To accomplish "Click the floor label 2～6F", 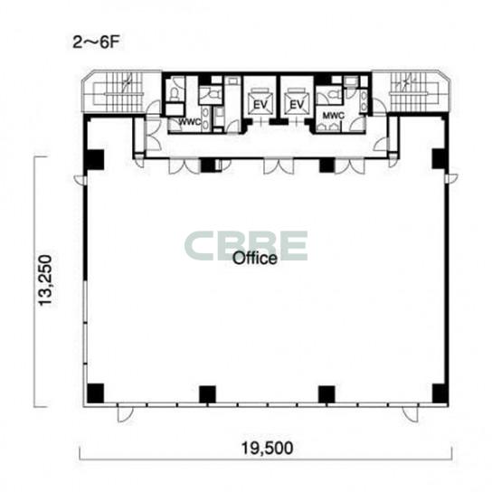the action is click(96, 43).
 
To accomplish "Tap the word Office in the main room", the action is click(255, 259).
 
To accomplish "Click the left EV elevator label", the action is click(260, 105).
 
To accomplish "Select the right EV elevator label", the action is click(297, 105).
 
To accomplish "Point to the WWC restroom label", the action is click(190, 122).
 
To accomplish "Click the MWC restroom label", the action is click(333, 116).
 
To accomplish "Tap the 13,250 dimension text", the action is click(44, 280).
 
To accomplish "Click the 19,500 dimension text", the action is click(267, 448).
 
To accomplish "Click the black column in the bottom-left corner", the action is click(95, 393).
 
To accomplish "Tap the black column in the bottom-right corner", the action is click(440, 393).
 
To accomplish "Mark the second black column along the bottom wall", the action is click(207, 394).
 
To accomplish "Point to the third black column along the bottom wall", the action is click(326, 394).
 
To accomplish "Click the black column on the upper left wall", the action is click(95, 159).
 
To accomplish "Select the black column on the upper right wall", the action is click(440, 159).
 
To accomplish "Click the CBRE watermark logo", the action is click(246, 246).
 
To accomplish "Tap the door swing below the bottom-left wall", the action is click(125, 414).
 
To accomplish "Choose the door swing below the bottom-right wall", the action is click(411, 414).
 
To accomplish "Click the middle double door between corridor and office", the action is click(279, 166).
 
